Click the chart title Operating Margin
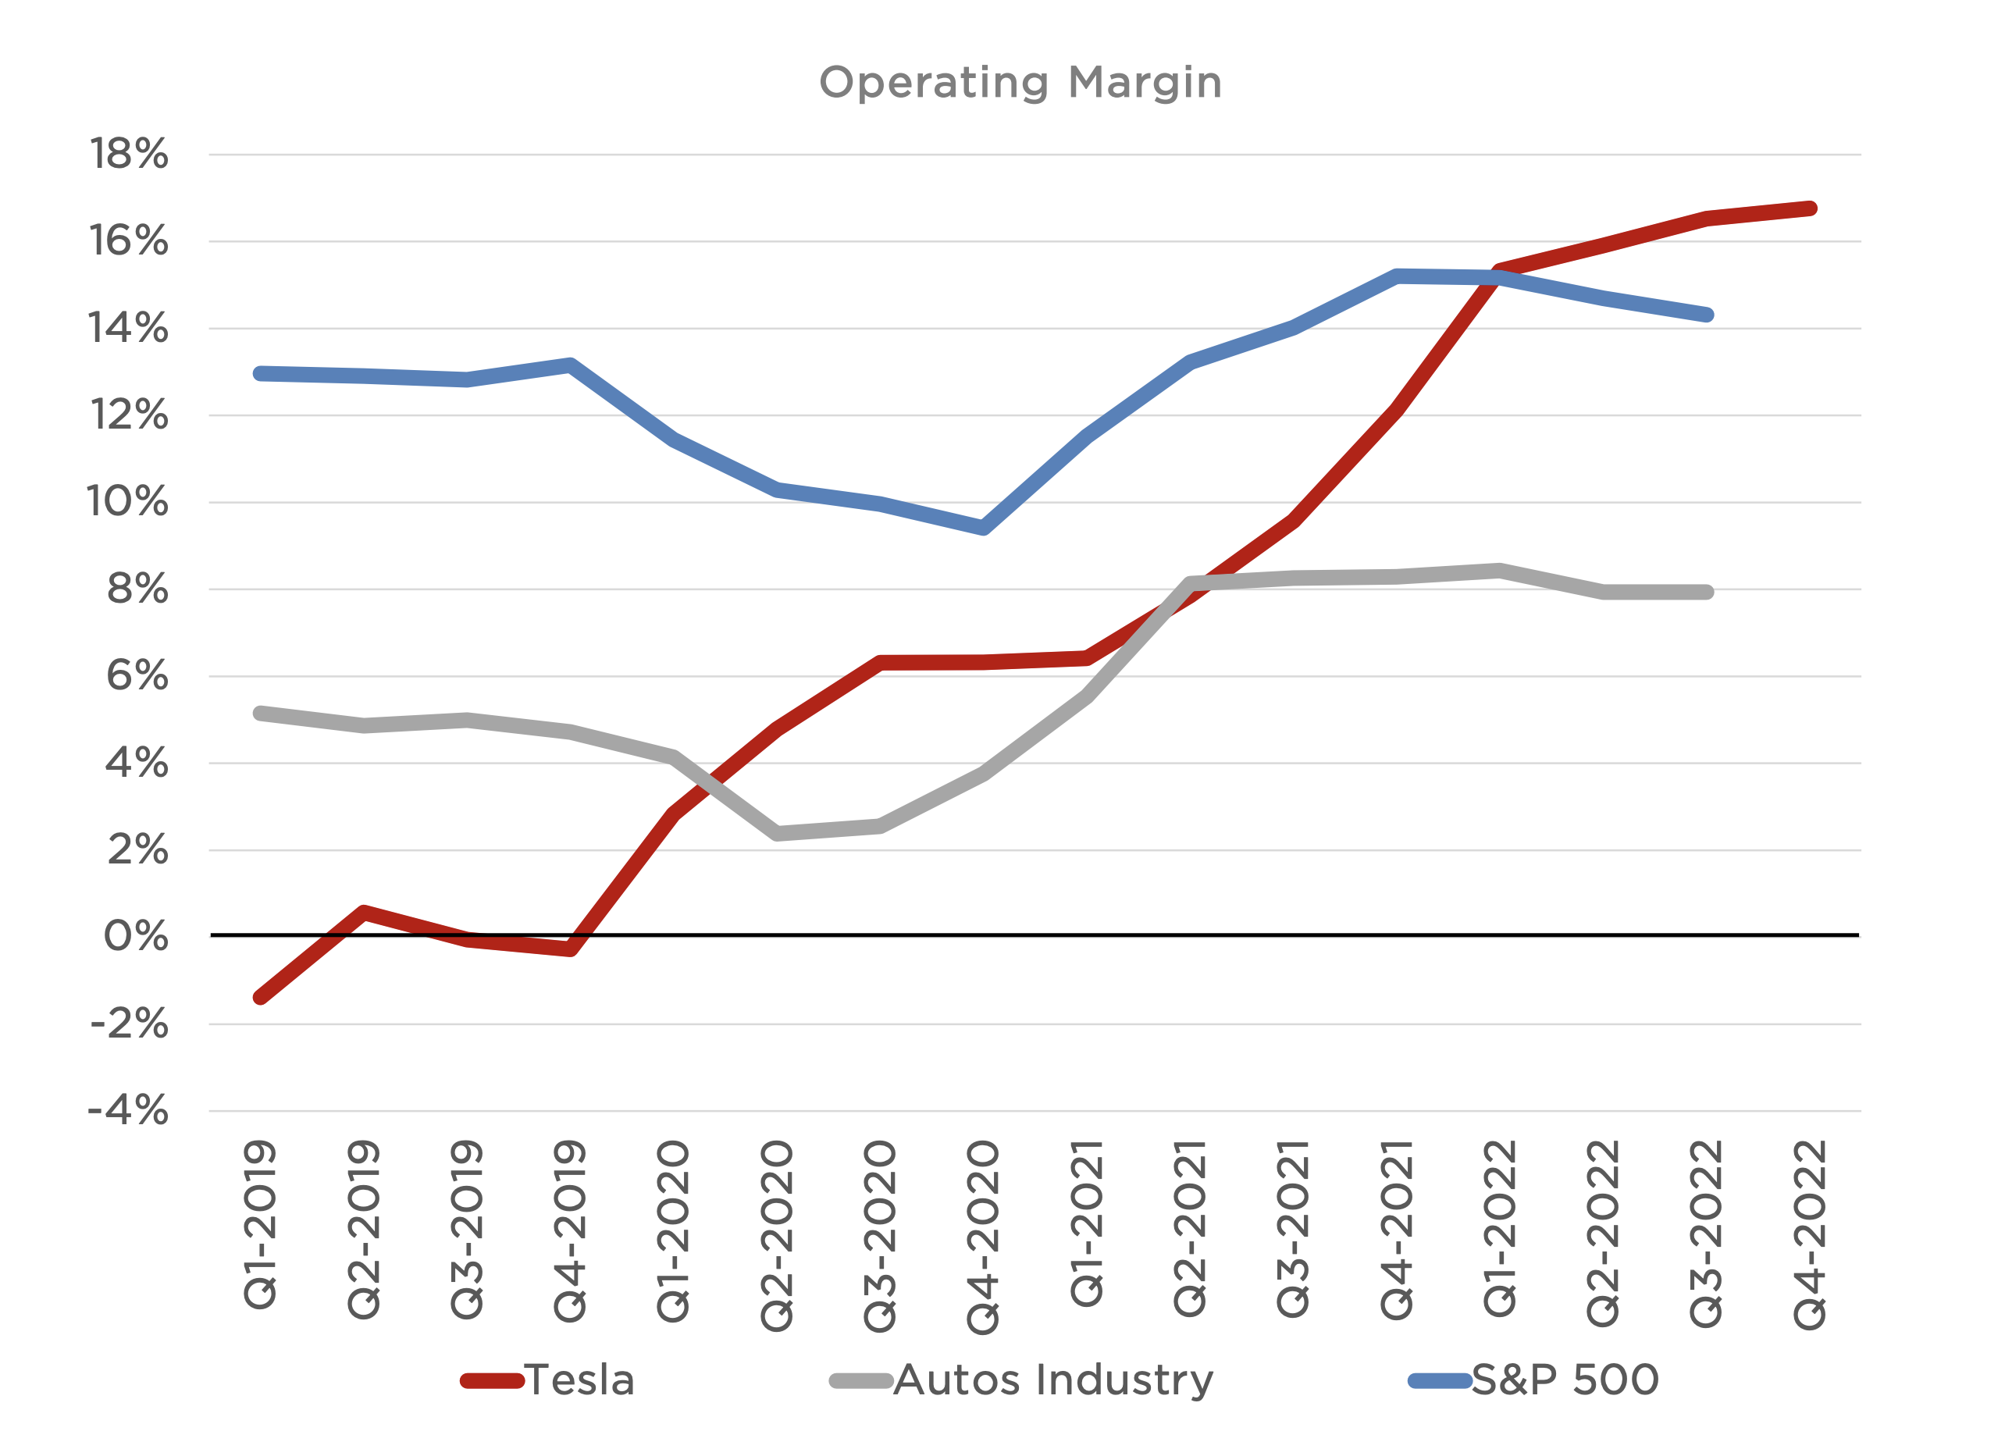click(1020, 82)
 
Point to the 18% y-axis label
click(129, 155)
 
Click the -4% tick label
click(128, 1111)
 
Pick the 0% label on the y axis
click(135, 937)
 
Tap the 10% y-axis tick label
click(128, 502)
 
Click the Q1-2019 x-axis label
click(260, 1224)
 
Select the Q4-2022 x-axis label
click(1810, 1234)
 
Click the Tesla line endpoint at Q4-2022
click(1810, 208)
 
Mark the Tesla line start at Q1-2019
click(260, 997)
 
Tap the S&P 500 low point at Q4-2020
click(983, 528)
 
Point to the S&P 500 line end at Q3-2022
click(1706, 315)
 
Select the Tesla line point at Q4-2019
click(570, 949)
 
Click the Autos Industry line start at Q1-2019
click(260, 714)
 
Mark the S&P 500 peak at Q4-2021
click(1397, 276)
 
